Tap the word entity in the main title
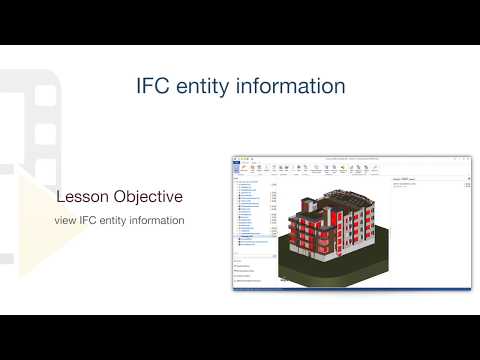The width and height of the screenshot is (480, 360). (x=211, y=87)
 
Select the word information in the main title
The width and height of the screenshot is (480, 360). (x=299, y=87)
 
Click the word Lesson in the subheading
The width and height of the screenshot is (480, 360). (x=85, y=196)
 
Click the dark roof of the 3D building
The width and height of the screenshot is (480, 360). (x=345, y=196)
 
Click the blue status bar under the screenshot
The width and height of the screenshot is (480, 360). (x=352, y=290)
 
